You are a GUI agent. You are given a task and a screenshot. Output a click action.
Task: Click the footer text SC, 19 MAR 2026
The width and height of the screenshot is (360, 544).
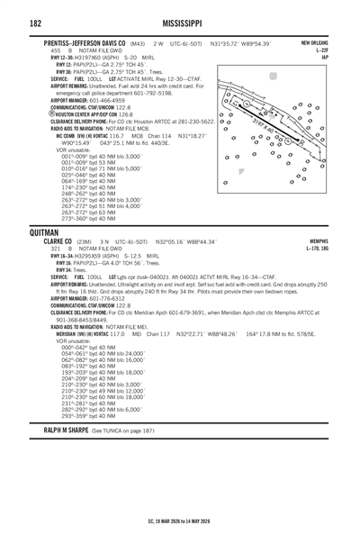[x=180, y=520]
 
